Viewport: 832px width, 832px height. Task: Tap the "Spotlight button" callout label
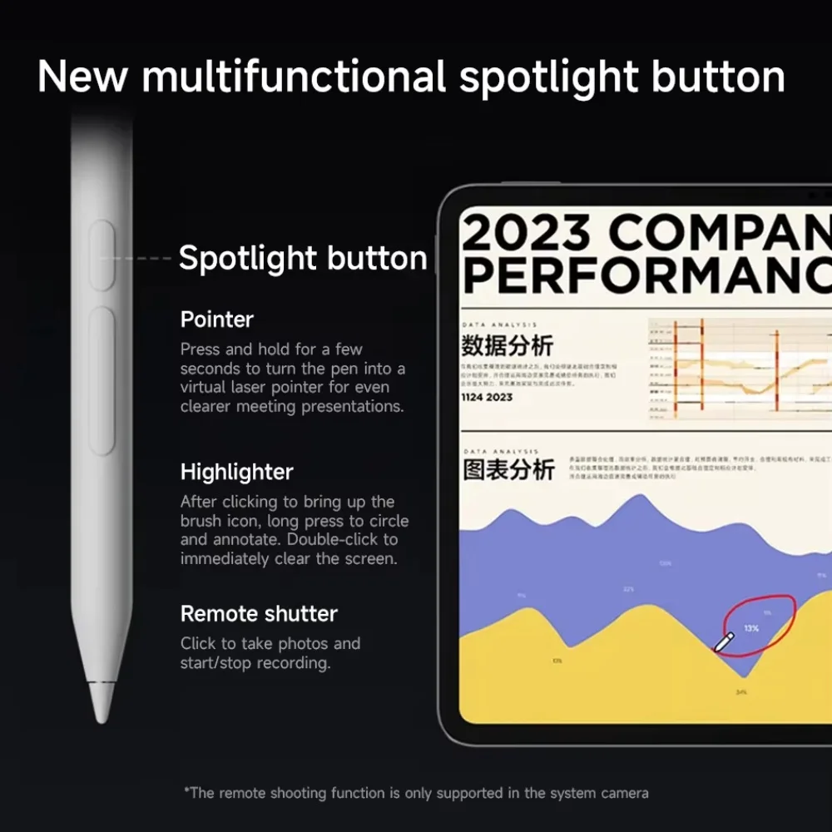303,258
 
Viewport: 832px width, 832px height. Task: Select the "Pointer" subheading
217,319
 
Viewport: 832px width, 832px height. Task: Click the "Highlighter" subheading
237,472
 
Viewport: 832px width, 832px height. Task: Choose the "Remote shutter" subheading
259,614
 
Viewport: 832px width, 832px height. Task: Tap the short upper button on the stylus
102,256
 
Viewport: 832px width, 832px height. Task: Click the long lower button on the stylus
102,381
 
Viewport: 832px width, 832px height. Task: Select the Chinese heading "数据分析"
507,345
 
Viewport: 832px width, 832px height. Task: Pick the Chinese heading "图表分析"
508,469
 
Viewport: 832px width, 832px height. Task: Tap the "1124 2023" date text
488,397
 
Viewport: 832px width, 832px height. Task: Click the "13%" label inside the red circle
751,628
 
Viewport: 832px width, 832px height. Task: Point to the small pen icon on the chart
724,641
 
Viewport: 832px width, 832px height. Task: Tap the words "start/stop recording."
255,663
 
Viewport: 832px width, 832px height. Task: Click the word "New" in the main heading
83,77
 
